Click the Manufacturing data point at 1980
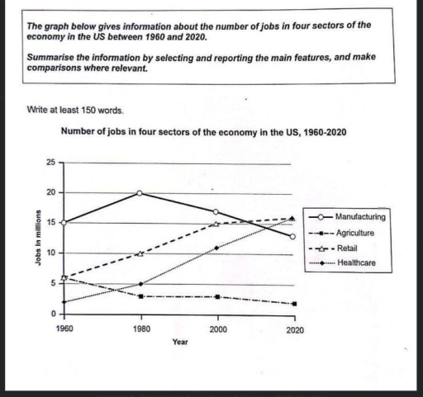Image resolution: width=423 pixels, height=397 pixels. [140, 192]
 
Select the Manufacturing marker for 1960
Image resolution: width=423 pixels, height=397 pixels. [64, 223]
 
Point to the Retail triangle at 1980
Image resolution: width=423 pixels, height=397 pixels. [140, 253]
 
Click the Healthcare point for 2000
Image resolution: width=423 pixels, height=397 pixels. [217, 248]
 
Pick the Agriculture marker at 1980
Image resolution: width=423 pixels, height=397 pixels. [140, 295]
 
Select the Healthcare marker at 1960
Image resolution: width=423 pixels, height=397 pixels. [64, 302]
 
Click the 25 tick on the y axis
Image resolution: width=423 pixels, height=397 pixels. [50, 163]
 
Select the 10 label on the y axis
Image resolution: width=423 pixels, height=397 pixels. [50, 253]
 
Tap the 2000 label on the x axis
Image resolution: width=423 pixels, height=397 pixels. [217, 328]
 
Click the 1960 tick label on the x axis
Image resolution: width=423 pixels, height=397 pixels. [64, 328]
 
